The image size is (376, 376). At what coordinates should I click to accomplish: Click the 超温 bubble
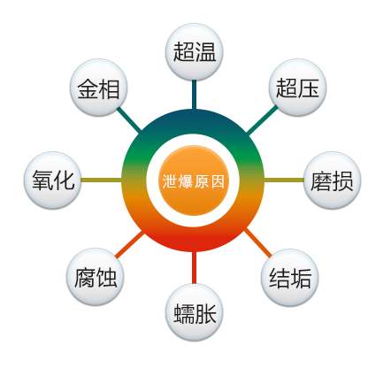pyautogui.click(x=194, y=52)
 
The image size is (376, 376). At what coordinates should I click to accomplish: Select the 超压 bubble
pyautogui.click(x=297, y=88)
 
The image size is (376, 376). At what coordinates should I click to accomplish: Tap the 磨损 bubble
pyautogui.click(x=333, y=180)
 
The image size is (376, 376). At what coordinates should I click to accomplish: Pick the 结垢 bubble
pyautogui.click(x=290, y=278)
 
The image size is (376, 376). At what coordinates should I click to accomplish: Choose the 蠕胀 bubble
pyautogui.click(x=194, y=312)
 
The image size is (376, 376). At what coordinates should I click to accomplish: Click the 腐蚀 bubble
pyautogui.click(x=96, y=277)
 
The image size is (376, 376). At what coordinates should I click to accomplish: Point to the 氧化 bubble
pyautogui.click(x=53, y=180)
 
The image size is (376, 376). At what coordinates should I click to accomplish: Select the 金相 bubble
pyautogui.click(x=99, y=88)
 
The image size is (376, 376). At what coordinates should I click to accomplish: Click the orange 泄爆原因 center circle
pyautogui.click(x=194, y=180)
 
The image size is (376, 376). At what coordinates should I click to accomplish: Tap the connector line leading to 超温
pyautogui.click(x=194, y=95)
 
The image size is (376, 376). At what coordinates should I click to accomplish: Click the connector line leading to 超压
pyautogui.click(x=262, y=119)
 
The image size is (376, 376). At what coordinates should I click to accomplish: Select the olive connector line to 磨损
pyautogui.click(x=284, y=180)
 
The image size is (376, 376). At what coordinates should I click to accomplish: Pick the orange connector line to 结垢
pyautogui.click(x=258, y=242)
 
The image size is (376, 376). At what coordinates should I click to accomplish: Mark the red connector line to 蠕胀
pyautogui.click(x=194, y=268)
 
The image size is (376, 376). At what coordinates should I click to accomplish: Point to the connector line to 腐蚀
pyautogui.click(x=130, y=244)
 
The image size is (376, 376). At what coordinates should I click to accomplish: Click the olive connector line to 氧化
pyautogui.click(x=102, y=180)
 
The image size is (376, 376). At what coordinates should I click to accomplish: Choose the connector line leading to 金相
pyautogui.click(x=129, y=119)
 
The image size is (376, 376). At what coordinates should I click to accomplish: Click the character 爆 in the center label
pyautogui.click(x=186, y=181)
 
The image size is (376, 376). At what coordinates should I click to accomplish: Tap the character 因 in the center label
pyautogui.click(x=218, y=181)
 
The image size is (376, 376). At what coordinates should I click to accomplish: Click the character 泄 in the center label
pyautogui.click(x=170, y=181)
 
